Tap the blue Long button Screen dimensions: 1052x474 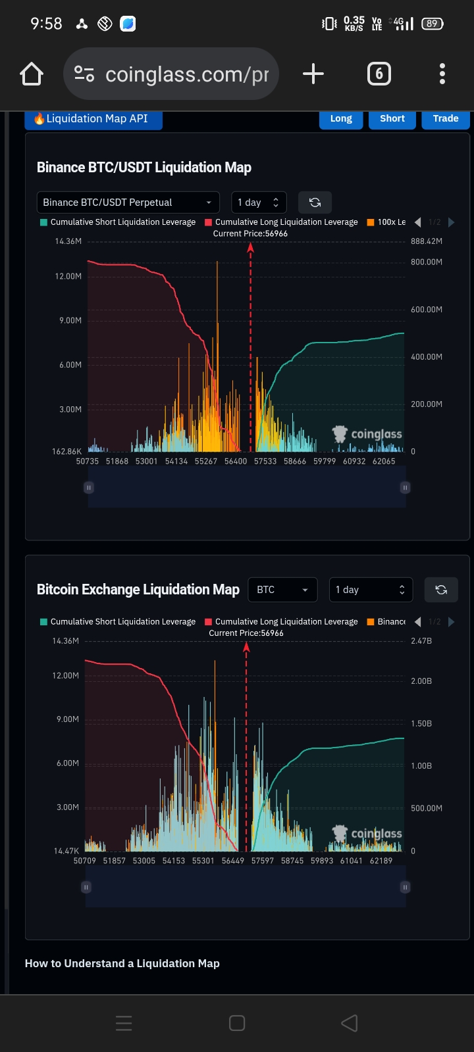coord(341,119)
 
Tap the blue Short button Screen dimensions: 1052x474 coord(392,119)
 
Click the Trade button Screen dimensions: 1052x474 coord(446,119)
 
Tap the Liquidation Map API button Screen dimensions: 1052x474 coord(93,119)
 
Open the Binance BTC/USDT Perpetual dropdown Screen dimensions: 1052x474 coord(128,203)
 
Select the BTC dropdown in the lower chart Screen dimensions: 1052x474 coord(282,590)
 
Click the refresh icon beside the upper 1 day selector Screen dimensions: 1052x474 coord(315,203)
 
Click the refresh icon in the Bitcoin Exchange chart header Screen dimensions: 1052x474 coord(441,590)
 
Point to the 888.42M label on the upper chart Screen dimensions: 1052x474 coord(427,241)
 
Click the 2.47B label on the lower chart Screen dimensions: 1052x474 coord(421,641)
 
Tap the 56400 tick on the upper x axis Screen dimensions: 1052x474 coord(236,462)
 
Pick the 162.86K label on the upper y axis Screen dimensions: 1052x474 coord(67,452)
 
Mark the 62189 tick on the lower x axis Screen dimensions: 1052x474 coord(381,861)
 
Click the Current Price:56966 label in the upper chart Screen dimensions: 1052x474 coord(250,233)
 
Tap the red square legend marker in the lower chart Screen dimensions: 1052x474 coord(208,622)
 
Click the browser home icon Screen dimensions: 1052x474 coord(32,74)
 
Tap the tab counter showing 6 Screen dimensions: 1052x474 coord(379,74)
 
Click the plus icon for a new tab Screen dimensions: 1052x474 coord(313,74)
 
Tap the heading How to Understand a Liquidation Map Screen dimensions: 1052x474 coord(122,963)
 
